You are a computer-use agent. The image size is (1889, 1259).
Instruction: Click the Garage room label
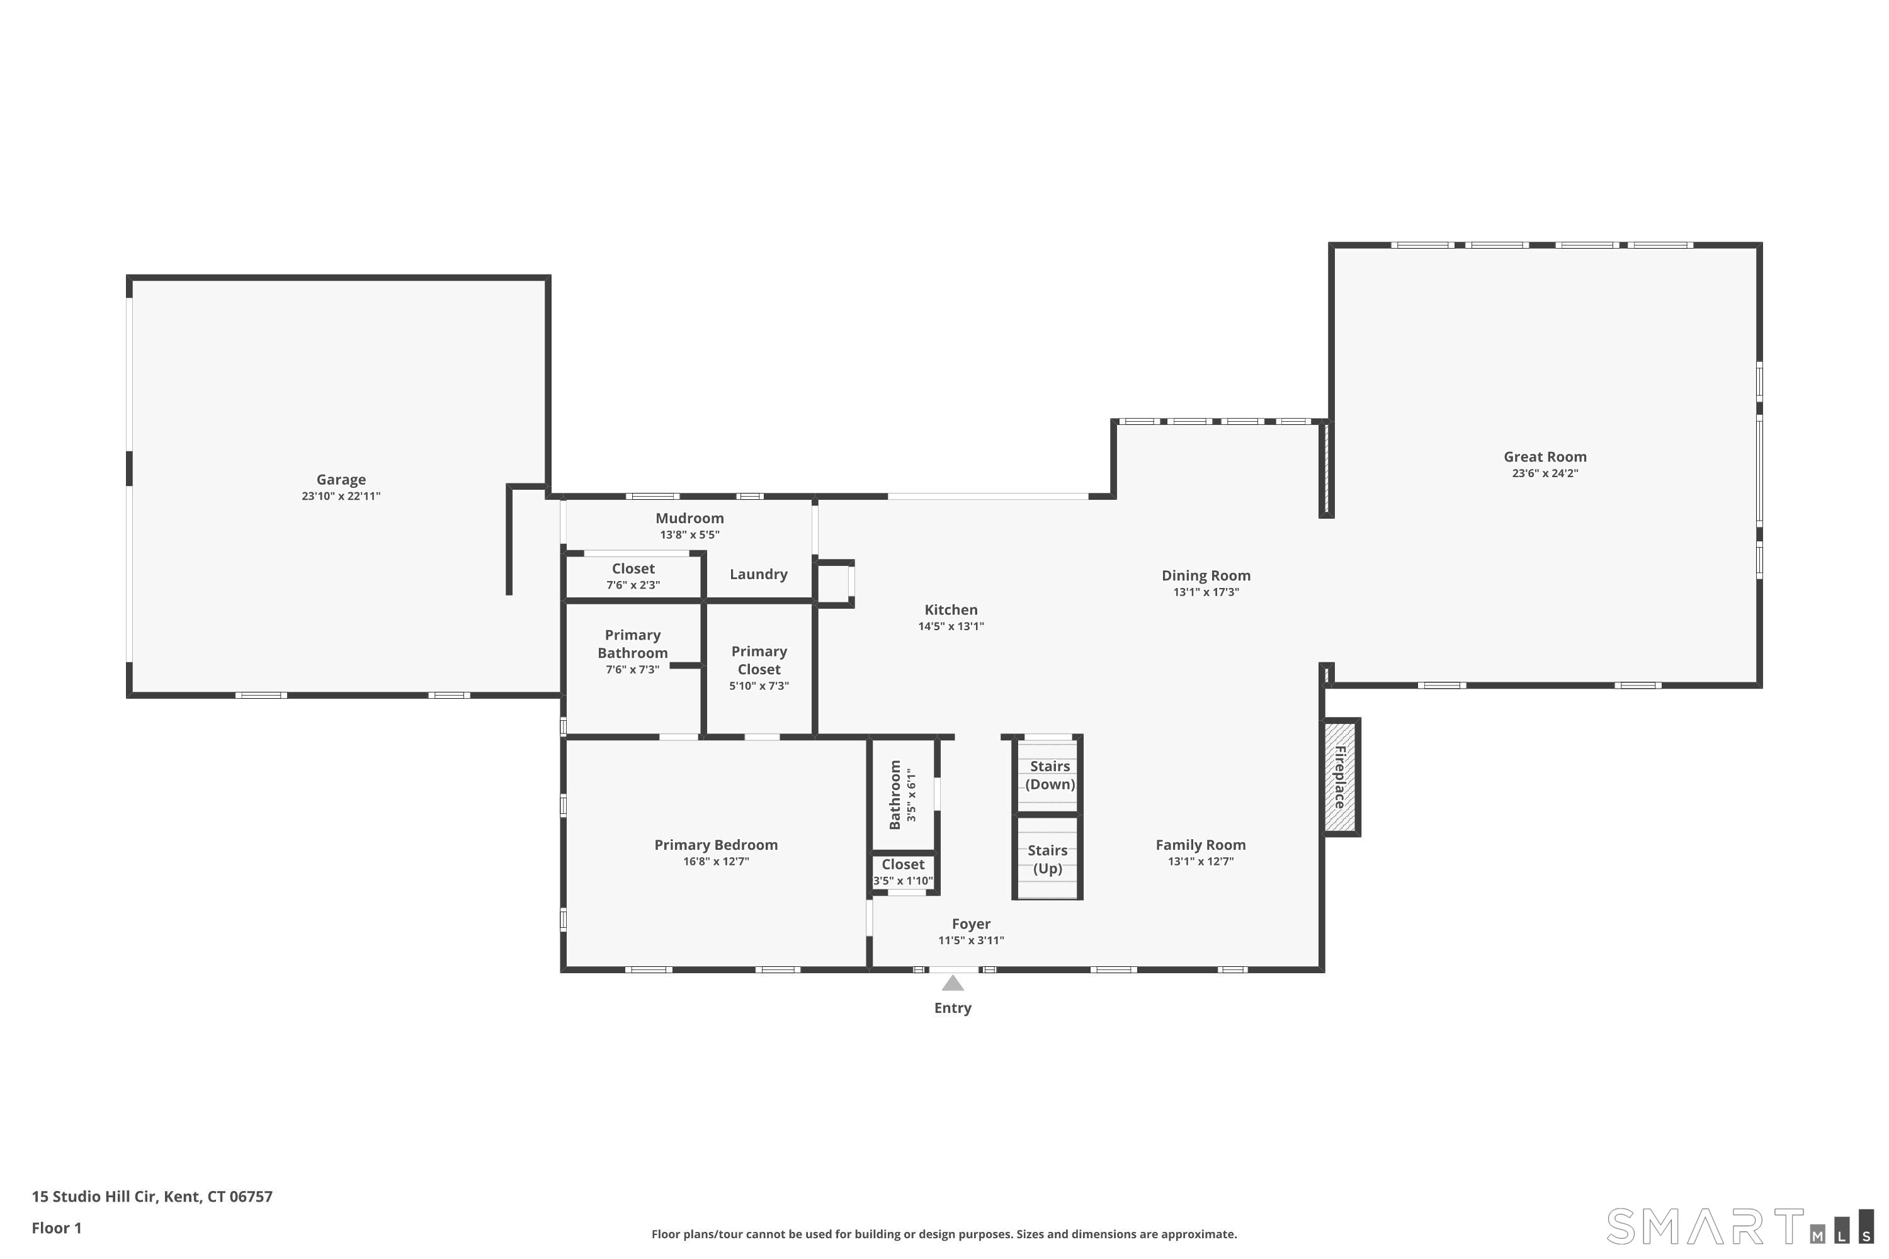(x=341, y=479)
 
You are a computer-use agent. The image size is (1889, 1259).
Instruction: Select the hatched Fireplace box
(x=1341, y=776)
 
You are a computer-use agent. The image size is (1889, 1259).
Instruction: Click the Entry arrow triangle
(x=953, y=983)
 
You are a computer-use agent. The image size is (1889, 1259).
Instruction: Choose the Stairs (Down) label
(x=1050, y=775)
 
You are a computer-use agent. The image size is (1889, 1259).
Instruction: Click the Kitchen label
(x=951, y=609)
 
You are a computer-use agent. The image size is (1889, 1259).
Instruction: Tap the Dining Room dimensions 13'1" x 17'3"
(x=1206, y=592)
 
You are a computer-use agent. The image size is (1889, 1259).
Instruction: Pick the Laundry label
(x=758, y=574)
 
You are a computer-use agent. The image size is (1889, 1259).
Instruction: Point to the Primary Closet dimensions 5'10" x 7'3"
(x=758, y=686)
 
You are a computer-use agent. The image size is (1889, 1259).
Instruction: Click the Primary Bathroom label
(x=632, y=644)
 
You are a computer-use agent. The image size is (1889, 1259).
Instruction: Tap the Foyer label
(x=971, y=923)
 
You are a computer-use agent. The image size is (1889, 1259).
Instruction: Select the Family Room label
(x=1201, y=845)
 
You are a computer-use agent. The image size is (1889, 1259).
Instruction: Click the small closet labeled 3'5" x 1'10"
(x=903, y=872)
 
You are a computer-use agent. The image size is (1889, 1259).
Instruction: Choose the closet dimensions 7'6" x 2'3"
(x=633, y=585)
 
